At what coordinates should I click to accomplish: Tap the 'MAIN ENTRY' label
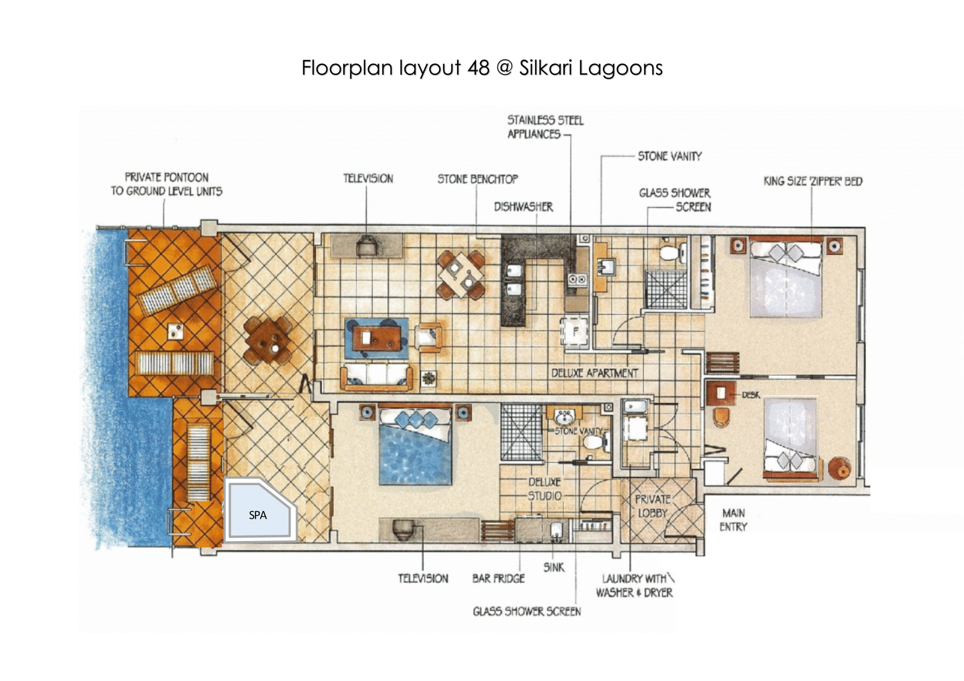point(733,520)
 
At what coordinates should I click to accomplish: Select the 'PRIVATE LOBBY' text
point(653,506)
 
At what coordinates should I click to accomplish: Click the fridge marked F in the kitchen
point(575,332)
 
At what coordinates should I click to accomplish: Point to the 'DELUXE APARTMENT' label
point(594,373)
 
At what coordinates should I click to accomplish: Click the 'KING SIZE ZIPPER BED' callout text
point(813,181)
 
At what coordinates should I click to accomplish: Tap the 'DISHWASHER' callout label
point(523,207)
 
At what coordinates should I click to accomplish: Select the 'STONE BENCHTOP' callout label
point(477,179)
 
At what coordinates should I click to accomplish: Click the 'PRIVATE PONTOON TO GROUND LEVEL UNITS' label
point(167,184)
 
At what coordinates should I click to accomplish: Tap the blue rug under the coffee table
point(377,338)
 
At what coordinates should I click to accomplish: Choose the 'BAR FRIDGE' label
point(498,579)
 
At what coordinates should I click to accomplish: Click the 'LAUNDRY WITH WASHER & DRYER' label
point(635,586)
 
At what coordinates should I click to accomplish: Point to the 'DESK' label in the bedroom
point(751,395)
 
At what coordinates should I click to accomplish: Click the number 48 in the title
point(478,68)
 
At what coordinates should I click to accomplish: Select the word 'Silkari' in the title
point(546,68)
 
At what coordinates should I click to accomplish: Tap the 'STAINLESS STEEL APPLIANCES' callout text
point(545,127)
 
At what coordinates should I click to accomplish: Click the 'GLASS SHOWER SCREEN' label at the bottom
point(527,611)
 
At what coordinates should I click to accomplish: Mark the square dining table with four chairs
point(461,276)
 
